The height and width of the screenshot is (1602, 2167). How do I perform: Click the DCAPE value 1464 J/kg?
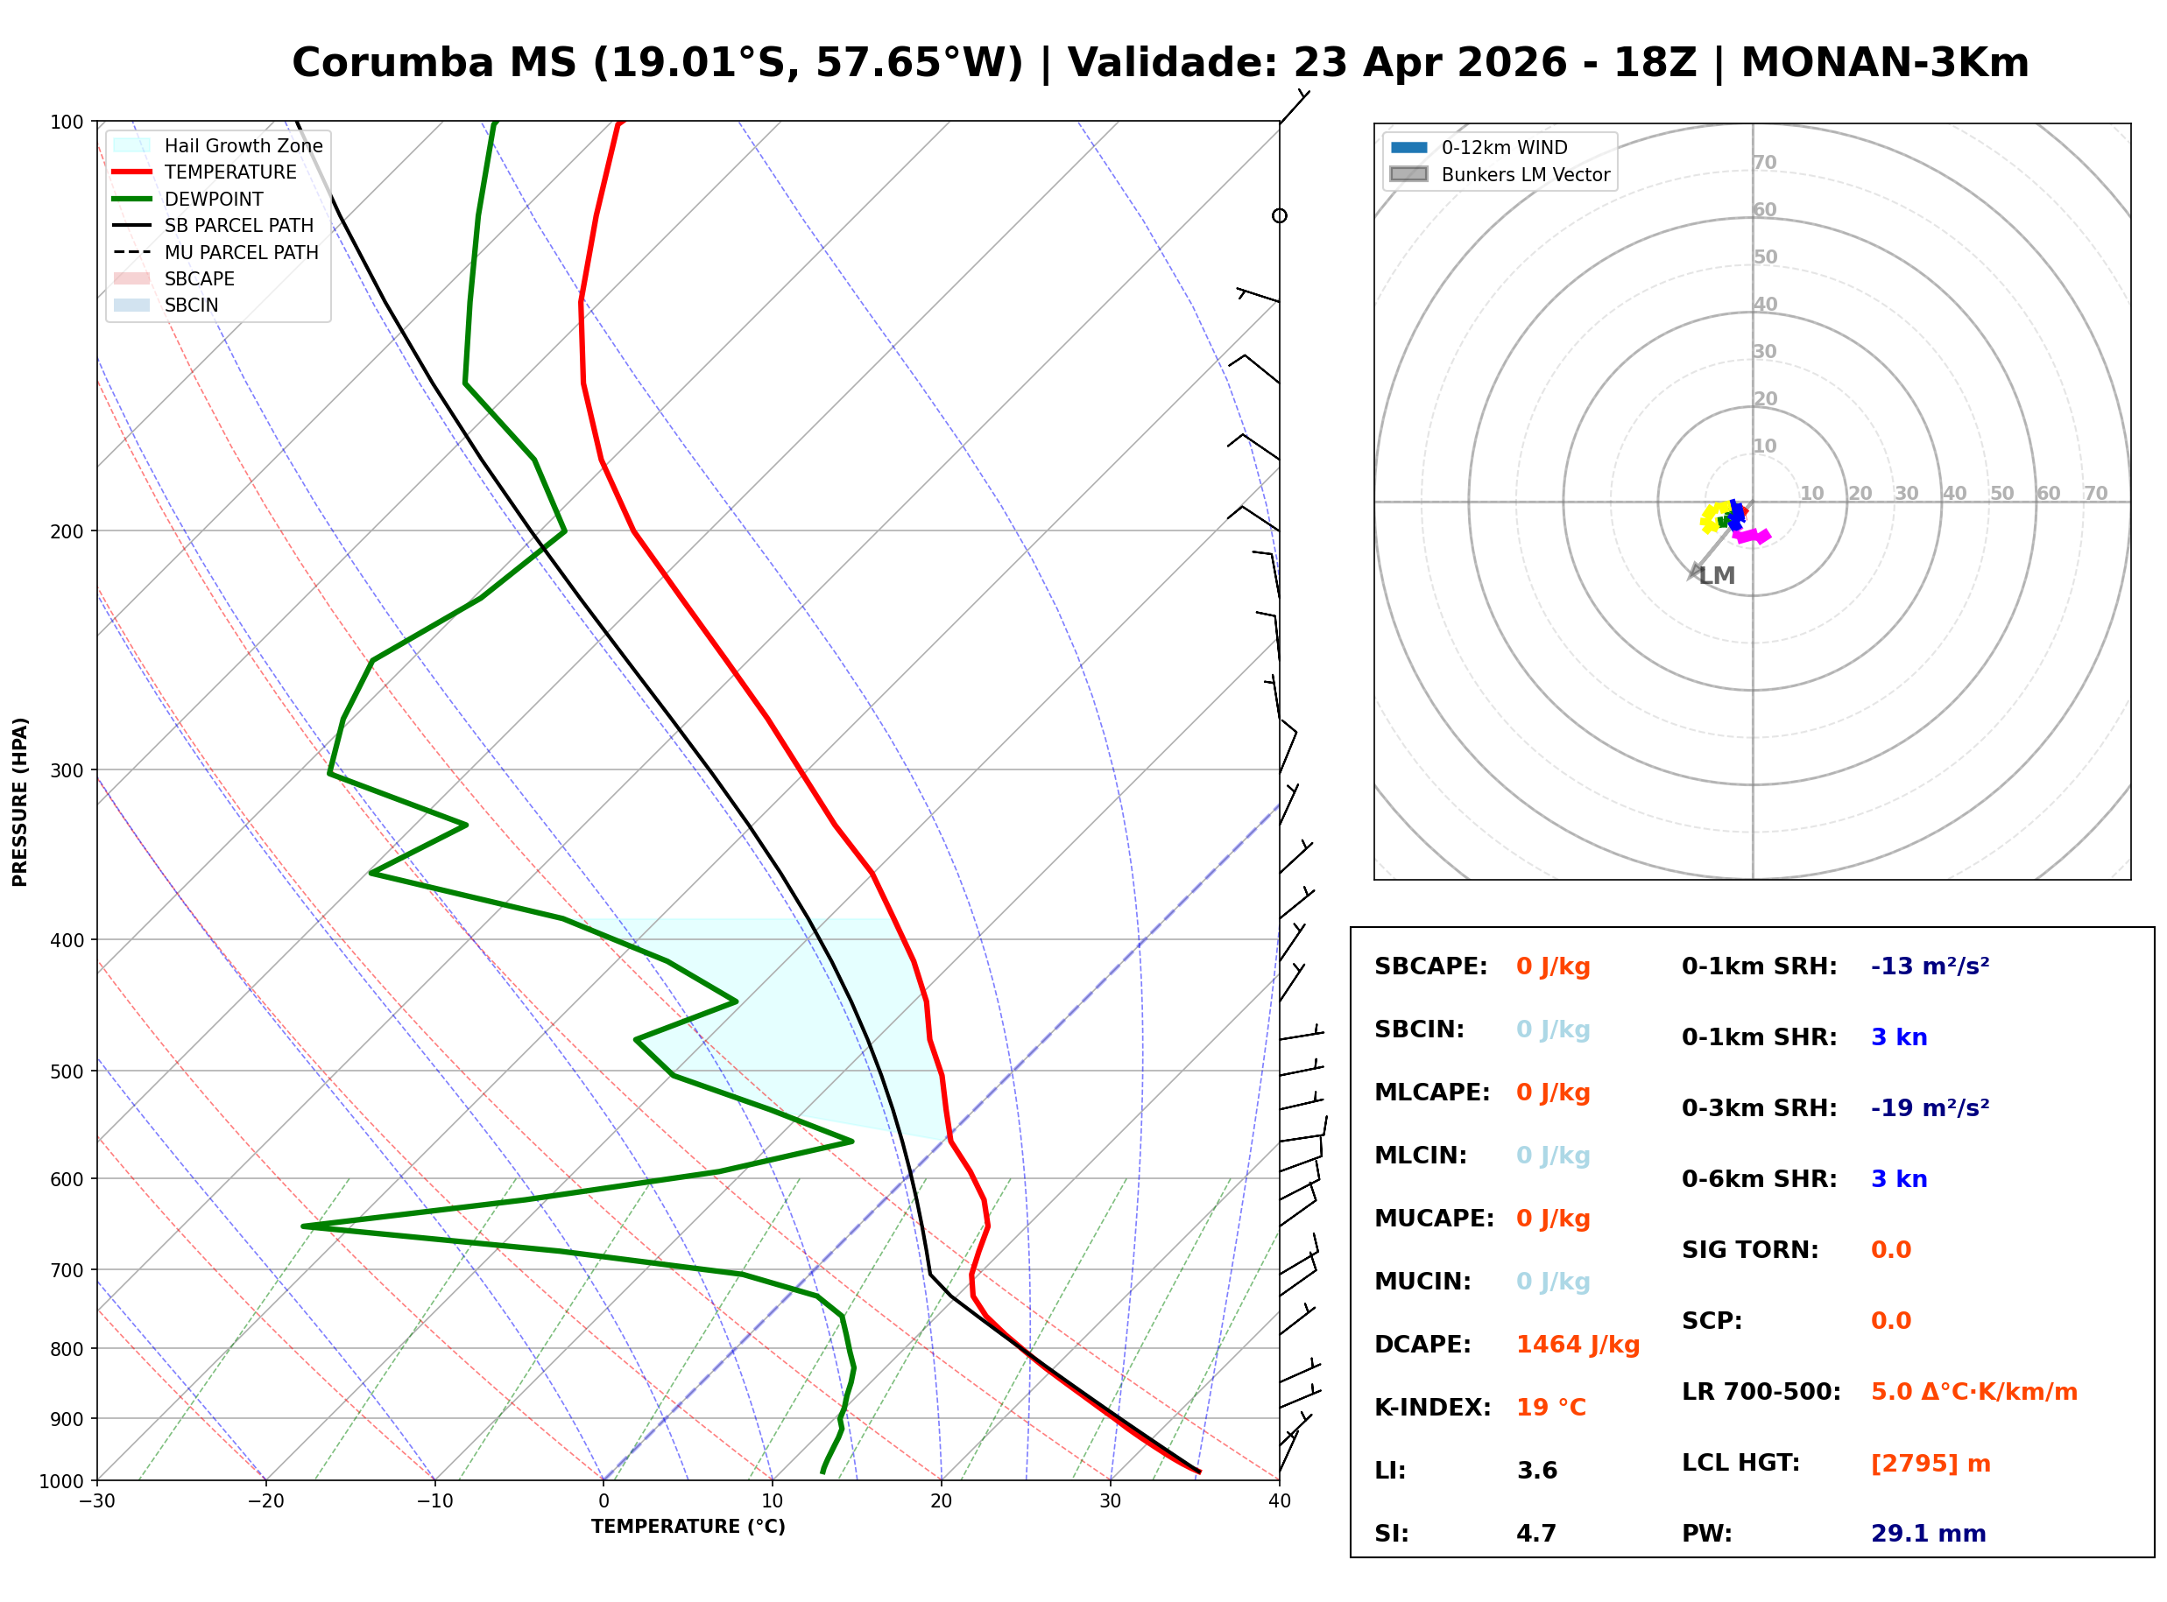(1578, 1345)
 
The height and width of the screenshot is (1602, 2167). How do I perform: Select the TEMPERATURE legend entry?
(229, 172)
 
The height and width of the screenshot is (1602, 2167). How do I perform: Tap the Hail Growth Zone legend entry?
(243, 146)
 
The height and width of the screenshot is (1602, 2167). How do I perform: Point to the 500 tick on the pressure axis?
(67, 1072)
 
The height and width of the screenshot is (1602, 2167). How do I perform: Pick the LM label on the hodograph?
(1717, 576)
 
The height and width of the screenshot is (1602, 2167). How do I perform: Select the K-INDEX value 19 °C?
(1551, 1408)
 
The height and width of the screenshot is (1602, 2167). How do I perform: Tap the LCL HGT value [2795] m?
(1931, 1464)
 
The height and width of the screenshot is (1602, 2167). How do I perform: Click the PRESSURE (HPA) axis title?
(20, 802)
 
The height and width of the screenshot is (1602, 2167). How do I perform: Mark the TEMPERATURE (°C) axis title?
(688, 1528)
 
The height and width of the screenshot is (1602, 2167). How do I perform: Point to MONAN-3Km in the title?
(1884, 63)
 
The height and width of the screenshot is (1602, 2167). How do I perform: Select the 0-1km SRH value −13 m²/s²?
(1930, 966)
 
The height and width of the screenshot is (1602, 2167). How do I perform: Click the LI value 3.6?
(1536, 1471)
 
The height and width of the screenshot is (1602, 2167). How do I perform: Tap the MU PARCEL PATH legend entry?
(241, 253)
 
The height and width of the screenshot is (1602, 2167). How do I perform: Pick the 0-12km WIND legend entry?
(1504, 148)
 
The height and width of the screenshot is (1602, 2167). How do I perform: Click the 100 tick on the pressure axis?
(67, 123)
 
